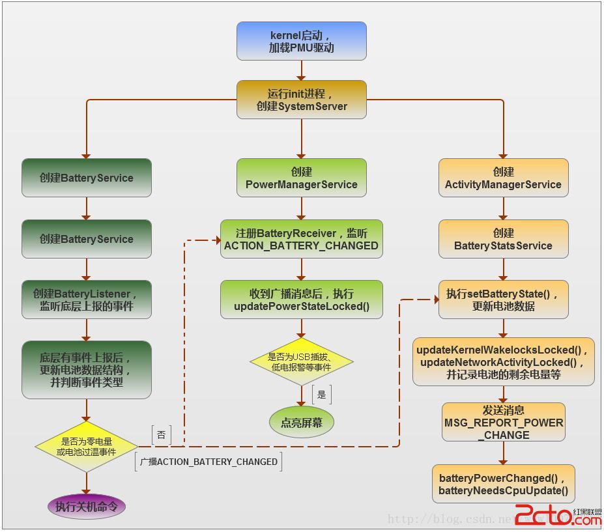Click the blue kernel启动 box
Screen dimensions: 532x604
point(301,41)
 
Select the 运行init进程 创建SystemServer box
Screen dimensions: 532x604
point(301,100)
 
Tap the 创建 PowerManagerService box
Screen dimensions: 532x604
point(301,178)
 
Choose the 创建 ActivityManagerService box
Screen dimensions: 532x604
point(503,178)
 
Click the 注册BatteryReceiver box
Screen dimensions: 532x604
point(301,239)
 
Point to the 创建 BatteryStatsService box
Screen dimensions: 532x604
point(503,239)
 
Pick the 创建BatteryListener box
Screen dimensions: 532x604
point(87,300)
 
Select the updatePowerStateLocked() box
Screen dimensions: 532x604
point(301,300)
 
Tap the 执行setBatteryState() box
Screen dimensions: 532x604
point(503,300)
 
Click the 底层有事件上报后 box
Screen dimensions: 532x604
point(87,369)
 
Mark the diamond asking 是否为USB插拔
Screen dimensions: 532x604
point(301,361)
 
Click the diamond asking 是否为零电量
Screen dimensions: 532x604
point(87,446)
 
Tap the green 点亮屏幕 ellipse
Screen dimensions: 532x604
point(301,423)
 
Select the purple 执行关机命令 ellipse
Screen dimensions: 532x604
point(87,506)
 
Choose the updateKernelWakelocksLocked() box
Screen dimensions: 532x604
point(503,361)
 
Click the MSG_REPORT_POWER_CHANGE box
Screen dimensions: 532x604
point(503,422)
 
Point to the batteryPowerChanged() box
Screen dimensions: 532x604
point(503,484)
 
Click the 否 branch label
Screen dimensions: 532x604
point(162,434)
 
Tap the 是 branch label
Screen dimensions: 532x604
point(321,394)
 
